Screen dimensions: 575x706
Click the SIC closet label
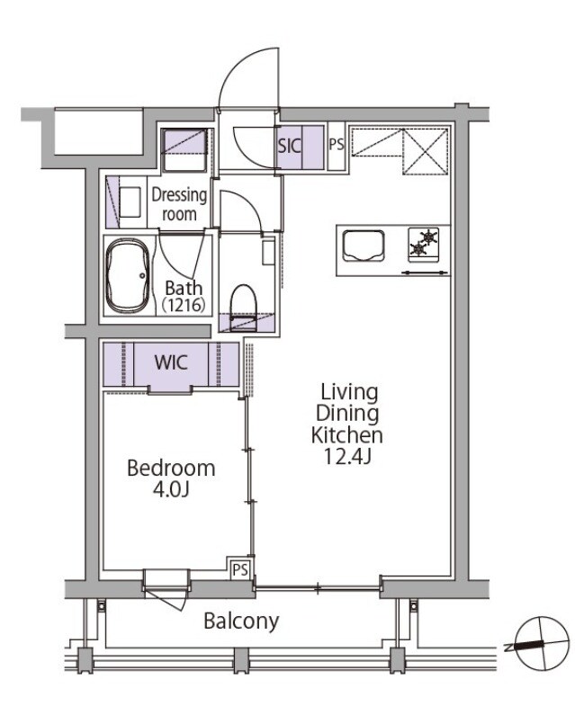(x=290, y=146)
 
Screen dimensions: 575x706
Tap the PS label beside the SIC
(x=337, y=145)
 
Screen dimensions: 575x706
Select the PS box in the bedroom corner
(x=240, y=569)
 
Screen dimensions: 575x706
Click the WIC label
(x=171, y=362)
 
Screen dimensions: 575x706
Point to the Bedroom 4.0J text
(x=171, y=478)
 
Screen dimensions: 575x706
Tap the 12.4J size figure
(x=347, y=458)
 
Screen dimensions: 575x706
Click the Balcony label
(x=241, y=621)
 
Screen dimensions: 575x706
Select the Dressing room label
(x=179, y=204)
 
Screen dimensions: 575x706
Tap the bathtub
(x=128, y=275)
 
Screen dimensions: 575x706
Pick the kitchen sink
(x=364, y=246)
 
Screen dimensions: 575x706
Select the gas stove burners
(x=424, y=242)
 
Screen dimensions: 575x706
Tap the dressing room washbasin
(x=130, y=202)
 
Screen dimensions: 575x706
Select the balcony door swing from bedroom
(x=165, y=599)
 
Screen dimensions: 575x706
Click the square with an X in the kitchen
(x=426, y=152)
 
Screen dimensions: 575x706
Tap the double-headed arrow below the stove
(x=424, y=273)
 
